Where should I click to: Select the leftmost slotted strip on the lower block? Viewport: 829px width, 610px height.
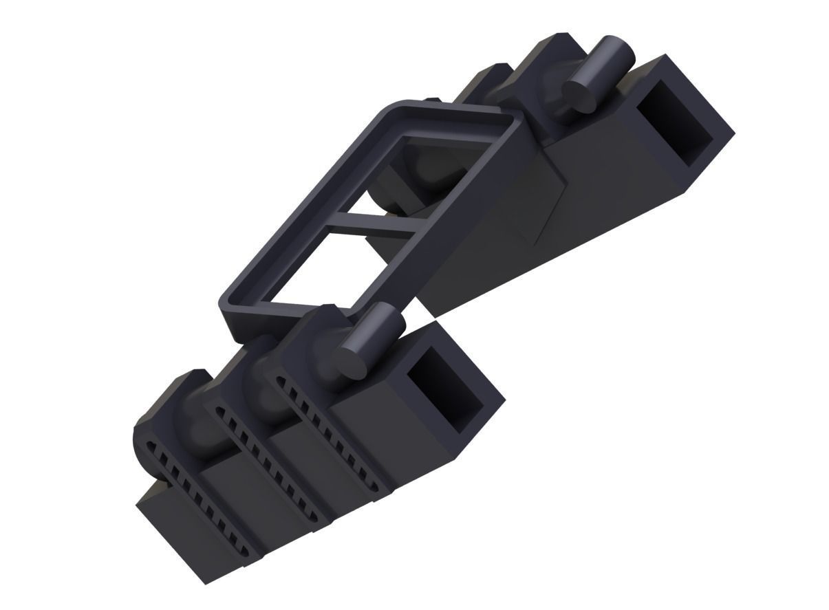pyautogui.click(x=193, y=495)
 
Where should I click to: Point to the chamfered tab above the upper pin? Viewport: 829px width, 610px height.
pyautogui.click(x=550, y=52)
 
